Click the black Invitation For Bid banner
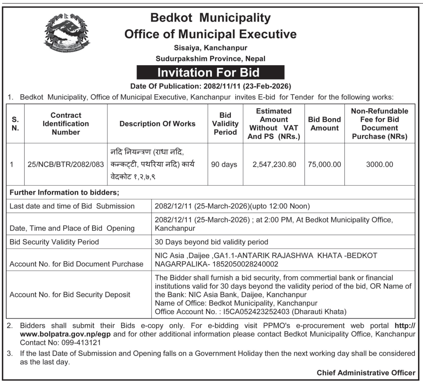(210, 72)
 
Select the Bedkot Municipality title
(210, 18)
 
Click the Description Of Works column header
(157, 124)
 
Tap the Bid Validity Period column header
(225, 124)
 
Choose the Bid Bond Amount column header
(325, 124)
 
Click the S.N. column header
(15, 124)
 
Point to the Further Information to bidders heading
(64, 193)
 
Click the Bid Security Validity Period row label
(54, 242)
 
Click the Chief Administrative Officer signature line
(366, 373)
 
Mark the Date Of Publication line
(210, 86)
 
